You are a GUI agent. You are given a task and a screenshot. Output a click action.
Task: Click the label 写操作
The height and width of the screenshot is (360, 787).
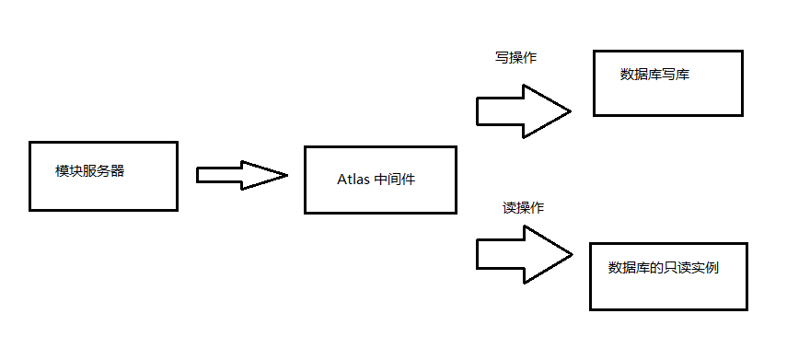pyautogui.click(x=515, y=57)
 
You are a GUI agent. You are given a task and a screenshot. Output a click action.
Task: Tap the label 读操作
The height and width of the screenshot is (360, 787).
pyautogui.click(x=523, y=208)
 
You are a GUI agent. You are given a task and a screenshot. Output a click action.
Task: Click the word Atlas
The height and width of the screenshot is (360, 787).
pyautogui.click(x=353, y=179)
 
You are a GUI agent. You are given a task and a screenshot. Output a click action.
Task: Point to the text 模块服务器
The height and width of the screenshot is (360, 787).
pyautogui.click(x=89, y=171)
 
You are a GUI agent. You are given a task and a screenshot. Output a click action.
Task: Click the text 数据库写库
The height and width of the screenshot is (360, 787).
pyautogui.click(x=655, y=75)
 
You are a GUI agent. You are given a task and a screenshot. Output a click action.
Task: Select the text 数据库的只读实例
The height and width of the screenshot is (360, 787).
pyautogui.click(x=663, y=268)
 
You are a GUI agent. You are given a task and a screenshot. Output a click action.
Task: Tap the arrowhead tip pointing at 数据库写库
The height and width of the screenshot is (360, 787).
pyautogui.click(x=571, y=111)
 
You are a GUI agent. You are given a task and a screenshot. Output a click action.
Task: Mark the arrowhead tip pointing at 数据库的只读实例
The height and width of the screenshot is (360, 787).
pyautogui.click(x=571, y=254)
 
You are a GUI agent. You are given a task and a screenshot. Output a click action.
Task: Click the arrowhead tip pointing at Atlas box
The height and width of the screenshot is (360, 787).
pyautogui.click(x=288, y=175)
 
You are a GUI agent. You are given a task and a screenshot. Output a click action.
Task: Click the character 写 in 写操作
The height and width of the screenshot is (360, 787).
pyautogui.click(x=502, y=57)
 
